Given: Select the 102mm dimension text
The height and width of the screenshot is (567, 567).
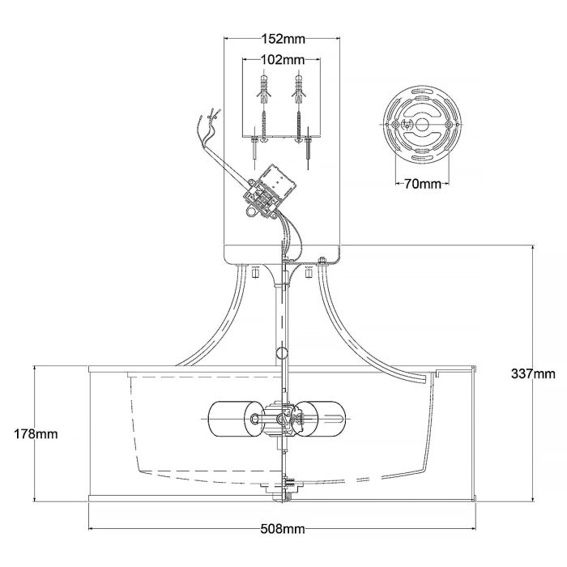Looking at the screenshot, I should click(x=283, y=59).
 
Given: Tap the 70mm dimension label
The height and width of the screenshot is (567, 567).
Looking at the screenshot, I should click(x=421, y=184).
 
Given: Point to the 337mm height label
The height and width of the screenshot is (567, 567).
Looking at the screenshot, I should click(x=534, y=373).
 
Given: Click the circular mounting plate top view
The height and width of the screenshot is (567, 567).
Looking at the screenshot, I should click(x=421, y=126).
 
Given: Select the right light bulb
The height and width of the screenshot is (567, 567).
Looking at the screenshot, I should click(x=317, y=419).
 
